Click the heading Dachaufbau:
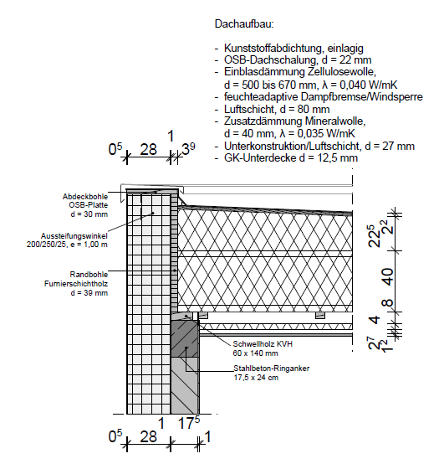point(244,24)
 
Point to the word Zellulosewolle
point(340,72)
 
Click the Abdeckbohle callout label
point(85,197)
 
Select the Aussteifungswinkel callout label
point(74,235)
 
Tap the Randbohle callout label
point(89,275)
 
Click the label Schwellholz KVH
point(263,344)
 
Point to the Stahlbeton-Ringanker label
point(272,368)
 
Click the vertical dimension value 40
point(388,277)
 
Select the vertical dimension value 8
point(388,302)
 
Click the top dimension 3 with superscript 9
point(188,149)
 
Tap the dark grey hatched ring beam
point(185,339)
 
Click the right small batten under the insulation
point(320,315)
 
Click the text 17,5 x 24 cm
point(256,378)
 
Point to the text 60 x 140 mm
point(255,353)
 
